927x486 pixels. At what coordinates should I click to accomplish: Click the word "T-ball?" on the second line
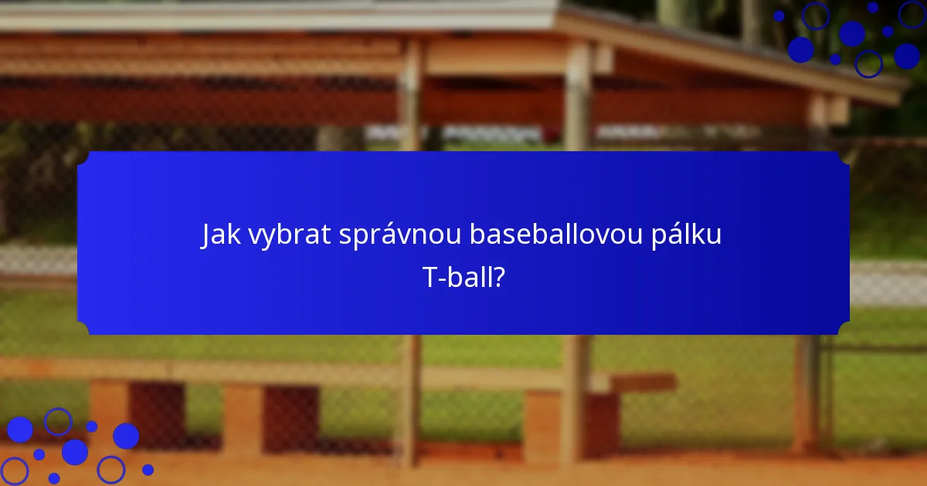click(x=463, y=277)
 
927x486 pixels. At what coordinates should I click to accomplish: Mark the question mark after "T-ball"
click(x=499, y=277)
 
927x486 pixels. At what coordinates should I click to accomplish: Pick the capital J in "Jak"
click(x=206, y=235)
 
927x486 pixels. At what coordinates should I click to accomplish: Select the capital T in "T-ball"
click(x=430, y=277)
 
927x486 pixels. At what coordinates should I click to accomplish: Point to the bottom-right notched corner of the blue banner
click(x=844, y=329)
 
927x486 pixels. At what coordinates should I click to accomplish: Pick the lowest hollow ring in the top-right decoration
click(x=868, y=63)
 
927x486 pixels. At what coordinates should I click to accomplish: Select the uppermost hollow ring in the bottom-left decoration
click(x=58, y=421)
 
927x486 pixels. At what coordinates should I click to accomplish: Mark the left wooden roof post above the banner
click(x=412, y=93)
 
